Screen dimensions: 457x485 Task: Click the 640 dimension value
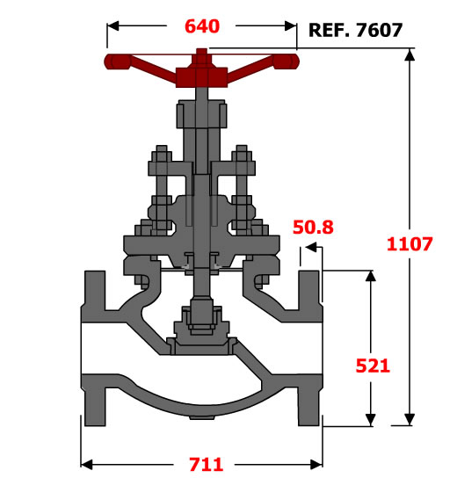pos(202,26)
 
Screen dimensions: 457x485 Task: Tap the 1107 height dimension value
pos(410,243)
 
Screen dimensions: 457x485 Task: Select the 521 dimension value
pos(373,366)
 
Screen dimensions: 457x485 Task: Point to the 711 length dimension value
pos(206,464)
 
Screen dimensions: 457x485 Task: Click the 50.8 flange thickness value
pos(313,227)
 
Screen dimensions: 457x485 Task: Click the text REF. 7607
pos(356,30)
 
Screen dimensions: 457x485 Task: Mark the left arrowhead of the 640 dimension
pos(112,26)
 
